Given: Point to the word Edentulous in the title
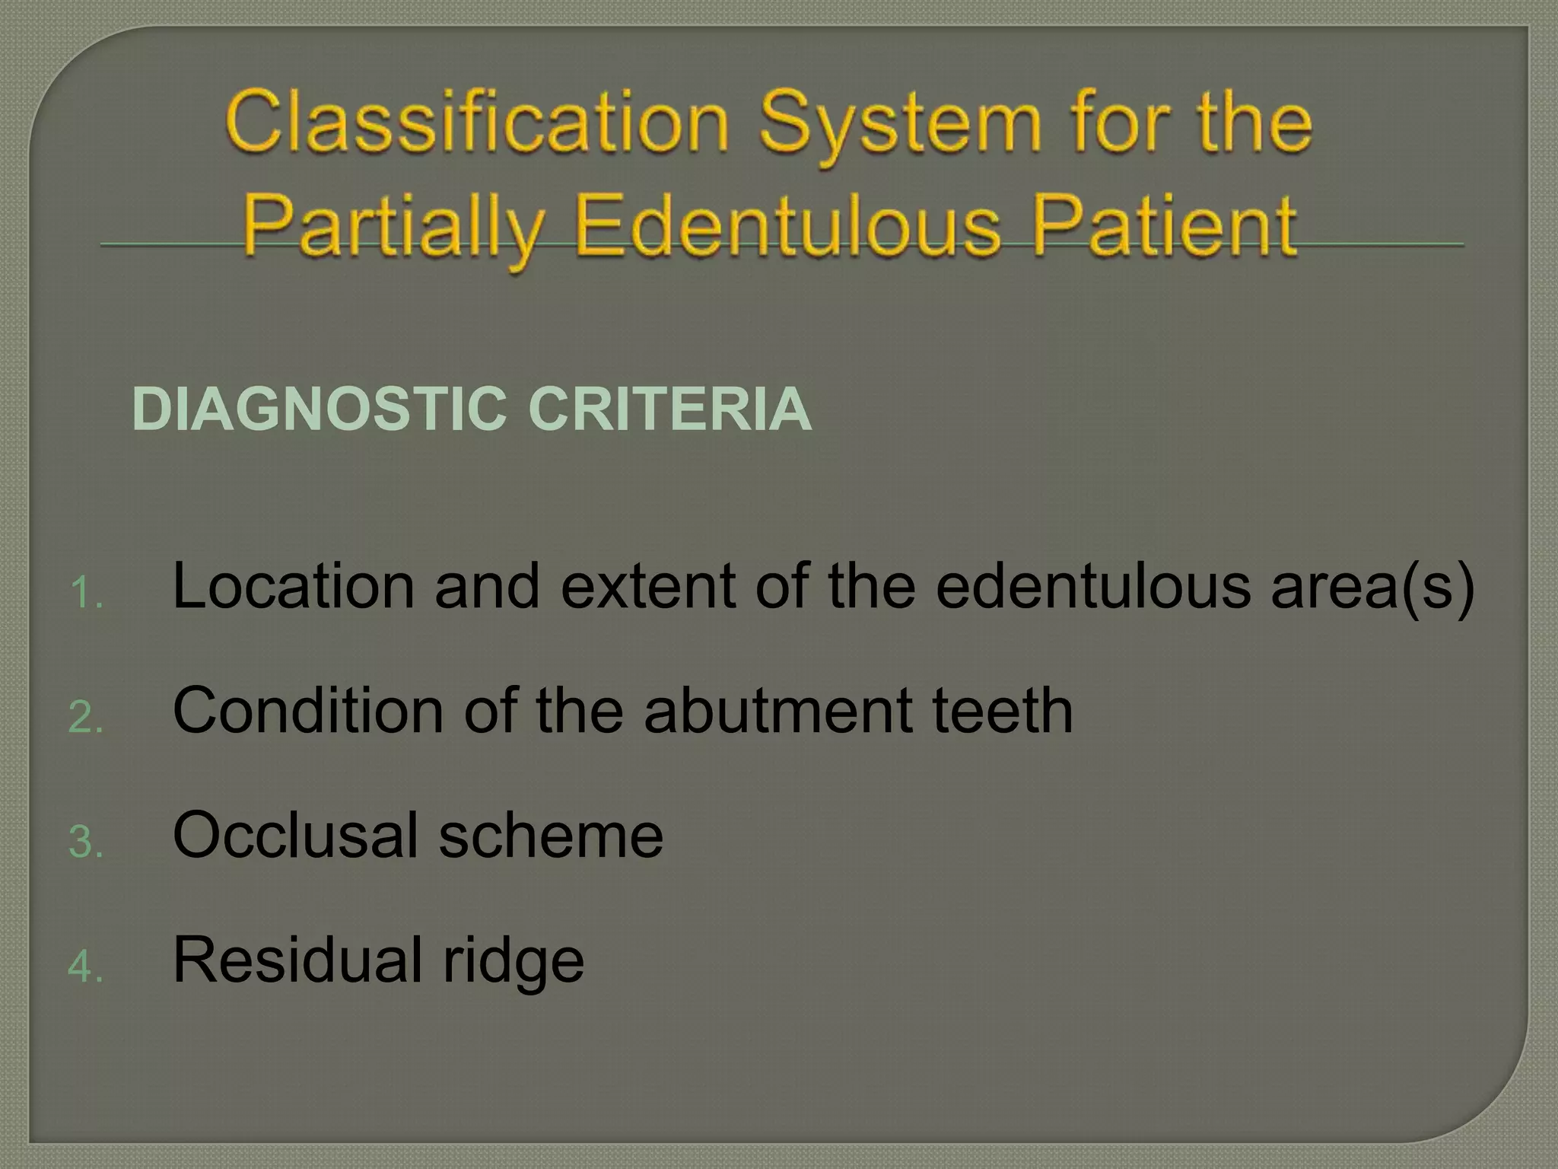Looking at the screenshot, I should click(x=787, y=225).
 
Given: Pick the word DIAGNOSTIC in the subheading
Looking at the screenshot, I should click(x=320, y=409).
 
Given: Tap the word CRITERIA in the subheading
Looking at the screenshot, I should click(x=669, y=409).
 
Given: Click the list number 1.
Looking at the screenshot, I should click(x=85, y=593).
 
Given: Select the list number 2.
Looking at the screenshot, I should click(x=85, y=718).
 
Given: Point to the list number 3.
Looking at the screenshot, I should click(x=85, y=843).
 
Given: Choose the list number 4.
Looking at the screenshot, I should click(x=85, y=967).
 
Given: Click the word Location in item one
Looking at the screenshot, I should click(x=294, y=586).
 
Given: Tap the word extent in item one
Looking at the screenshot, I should click(x=647, y=586).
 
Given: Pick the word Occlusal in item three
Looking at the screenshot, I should click(x=296, y=836).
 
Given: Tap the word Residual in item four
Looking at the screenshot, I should click(x=297, y=960).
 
